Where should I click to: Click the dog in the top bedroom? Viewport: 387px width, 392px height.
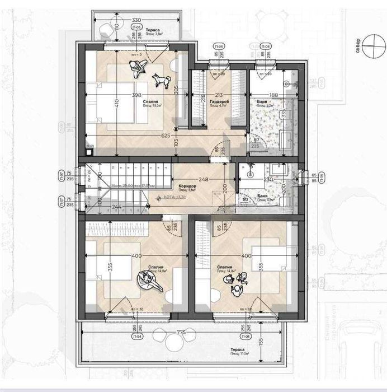pos(162,81)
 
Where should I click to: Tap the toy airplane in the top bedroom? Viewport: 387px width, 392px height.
pos(137,68)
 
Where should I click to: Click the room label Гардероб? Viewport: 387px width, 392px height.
pos(220,101)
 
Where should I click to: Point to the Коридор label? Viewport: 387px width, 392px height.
pos(186,186)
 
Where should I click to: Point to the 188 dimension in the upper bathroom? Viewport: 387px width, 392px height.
pos(272,95)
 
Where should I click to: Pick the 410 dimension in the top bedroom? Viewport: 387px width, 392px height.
pos(117,103)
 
